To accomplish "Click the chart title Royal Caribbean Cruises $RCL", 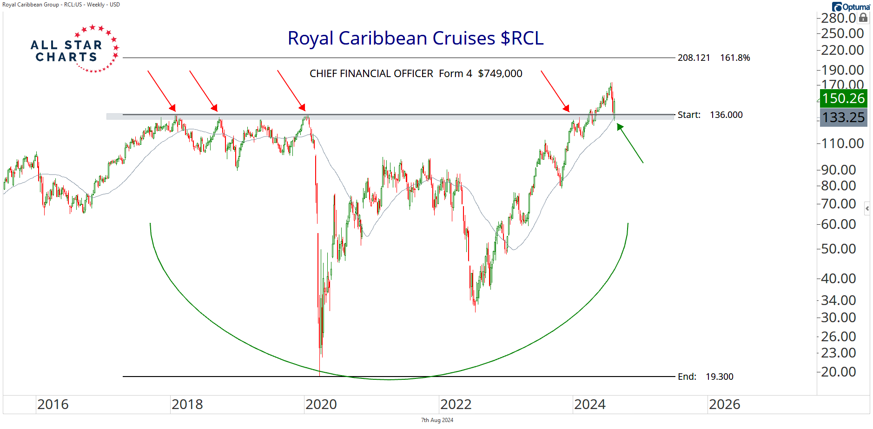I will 415,39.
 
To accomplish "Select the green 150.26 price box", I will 843,98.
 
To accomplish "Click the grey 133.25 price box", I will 843,117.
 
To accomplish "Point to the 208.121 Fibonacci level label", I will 694,58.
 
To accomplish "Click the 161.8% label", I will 735,58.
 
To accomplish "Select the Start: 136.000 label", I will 710,115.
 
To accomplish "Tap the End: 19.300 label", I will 705,377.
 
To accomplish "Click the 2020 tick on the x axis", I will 321,404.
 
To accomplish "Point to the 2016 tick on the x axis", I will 53,404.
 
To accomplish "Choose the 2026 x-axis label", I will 724,404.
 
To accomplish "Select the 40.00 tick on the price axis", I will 838,279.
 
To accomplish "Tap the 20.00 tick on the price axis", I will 838,372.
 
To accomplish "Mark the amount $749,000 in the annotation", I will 500,74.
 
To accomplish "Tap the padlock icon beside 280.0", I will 863,18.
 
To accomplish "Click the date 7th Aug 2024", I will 437,420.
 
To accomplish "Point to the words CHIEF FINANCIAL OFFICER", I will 371,74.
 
